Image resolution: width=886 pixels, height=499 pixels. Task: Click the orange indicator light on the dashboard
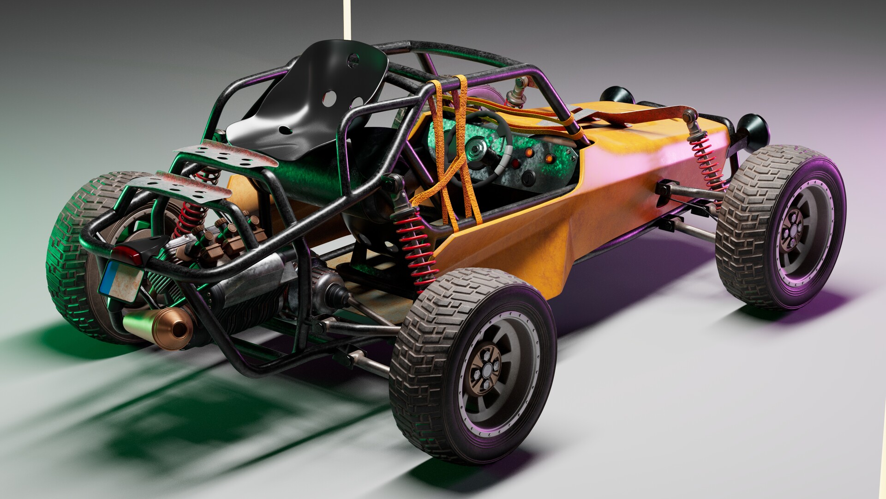549,158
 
